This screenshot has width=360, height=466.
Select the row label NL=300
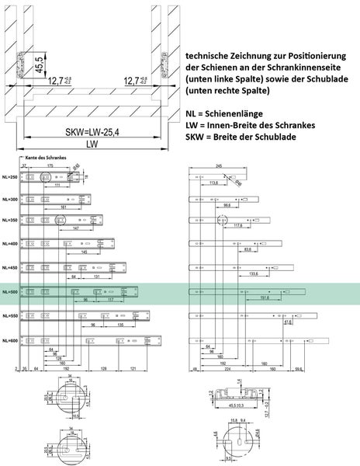click(x=10, y=200)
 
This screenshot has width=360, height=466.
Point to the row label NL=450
click(x=10, y=269)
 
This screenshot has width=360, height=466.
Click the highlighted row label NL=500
click(x=10, y=293)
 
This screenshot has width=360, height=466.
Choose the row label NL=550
click(x=10, y=316)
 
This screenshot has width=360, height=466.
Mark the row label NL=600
click(x=10, y=339)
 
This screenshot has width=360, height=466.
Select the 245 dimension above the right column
click(x=220, y=166)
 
